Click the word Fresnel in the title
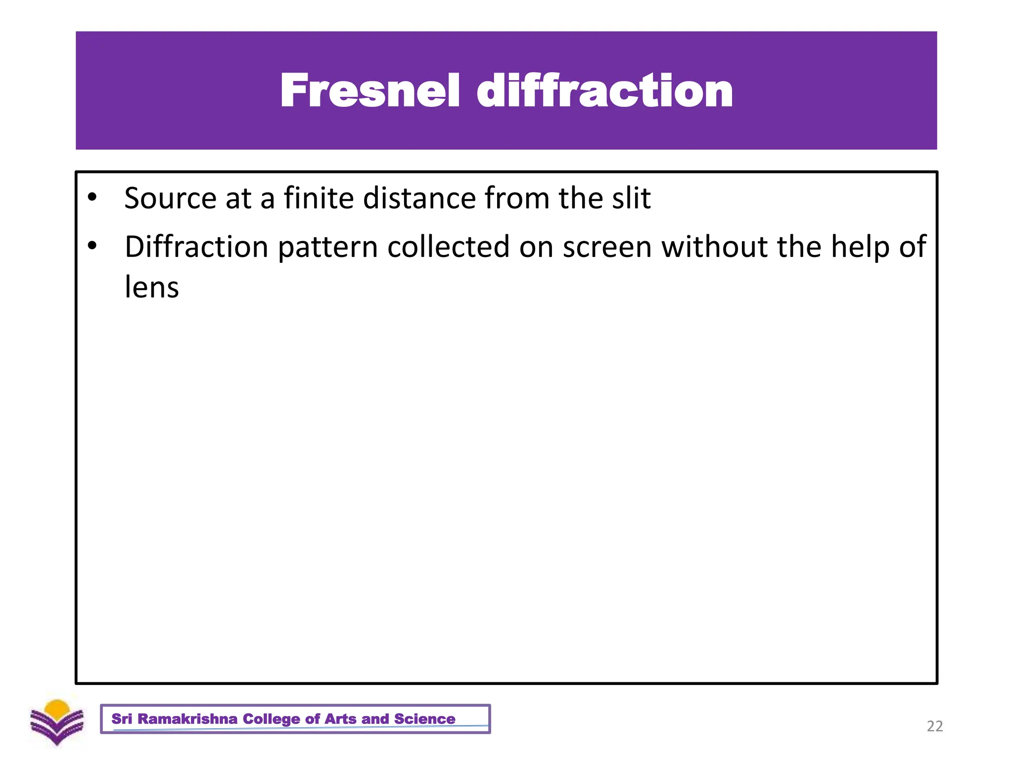(x=370, y=90)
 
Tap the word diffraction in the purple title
(x=604, y=90)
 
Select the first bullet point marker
(x=92, y=197)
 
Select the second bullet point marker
(x=92, y=246)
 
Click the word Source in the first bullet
(x=170, y=199)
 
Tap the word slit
(x=631, y=199)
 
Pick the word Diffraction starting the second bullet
(x=196, y=247)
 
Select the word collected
(x=448, y=247)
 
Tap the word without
(x=715, y=247)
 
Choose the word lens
(x=151, y=288)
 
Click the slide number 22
(x=934, y=726)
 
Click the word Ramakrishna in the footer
(x=187, y=719)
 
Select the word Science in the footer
(x=424, y=719)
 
